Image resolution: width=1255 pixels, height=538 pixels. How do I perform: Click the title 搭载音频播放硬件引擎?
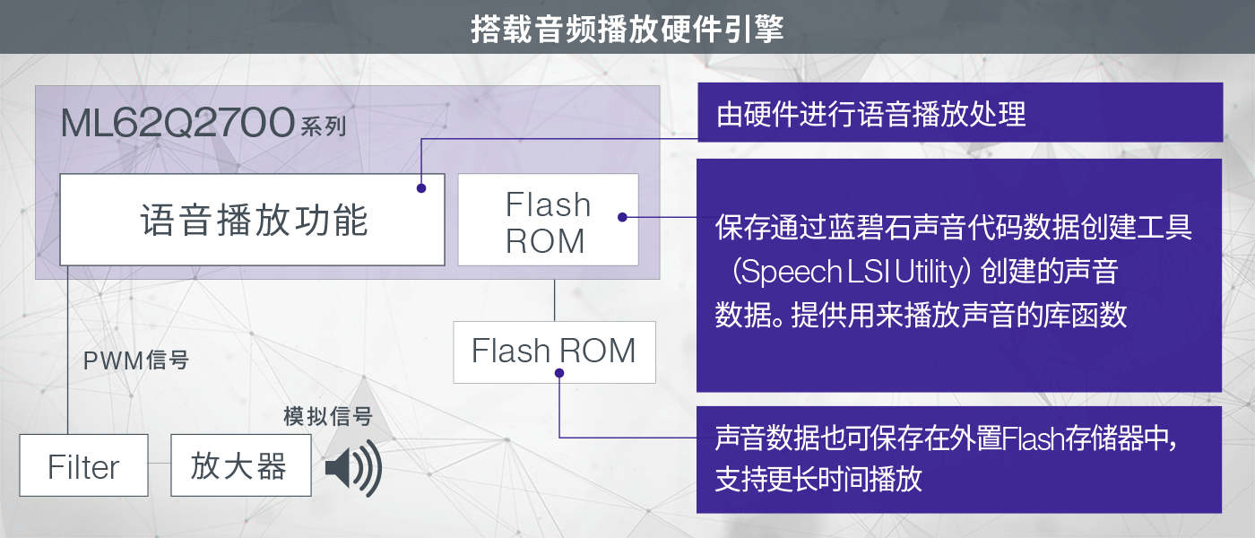(627, 28)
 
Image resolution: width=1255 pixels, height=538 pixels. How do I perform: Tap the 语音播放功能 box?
(252, 220)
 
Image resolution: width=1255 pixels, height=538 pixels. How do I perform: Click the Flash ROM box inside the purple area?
(548, 220)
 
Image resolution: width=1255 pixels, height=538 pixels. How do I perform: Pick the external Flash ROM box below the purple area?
(554, 351)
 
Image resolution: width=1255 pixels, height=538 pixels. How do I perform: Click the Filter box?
(83, 466)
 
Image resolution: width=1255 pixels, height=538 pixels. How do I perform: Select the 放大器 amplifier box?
(240, 466)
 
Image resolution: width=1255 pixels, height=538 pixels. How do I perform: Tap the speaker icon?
(352, 467)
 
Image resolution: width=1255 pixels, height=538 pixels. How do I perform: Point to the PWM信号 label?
(135, 360)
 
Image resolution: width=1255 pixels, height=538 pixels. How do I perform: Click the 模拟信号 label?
(327, 416)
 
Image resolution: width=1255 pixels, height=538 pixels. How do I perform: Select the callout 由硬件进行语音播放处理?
(959, 113)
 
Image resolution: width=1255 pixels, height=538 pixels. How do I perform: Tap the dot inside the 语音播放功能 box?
(420, 188)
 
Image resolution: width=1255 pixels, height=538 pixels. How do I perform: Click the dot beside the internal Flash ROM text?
(621, 216)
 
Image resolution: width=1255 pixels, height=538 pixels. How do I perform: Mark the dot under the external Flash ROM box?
(558, 373)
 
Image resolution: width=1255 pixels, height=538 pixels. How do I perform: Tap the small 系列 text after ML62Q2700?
(323, 126)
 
